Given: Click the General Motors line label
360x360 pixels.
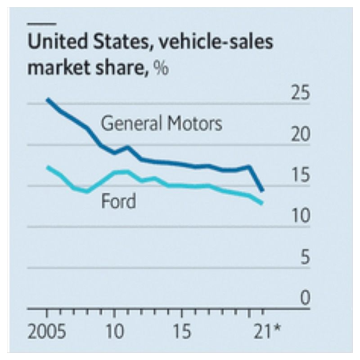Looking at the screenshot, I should point(162,123).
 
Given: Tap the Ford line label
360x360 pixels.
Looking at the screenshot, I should point(118,201).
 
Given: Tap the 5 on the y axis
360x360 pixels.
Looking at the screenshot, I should point(305,257).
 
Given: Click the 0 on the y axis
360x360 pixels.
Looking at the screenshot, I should point(305,298).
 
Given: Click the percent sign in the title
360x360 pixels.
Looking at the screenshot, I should point(161,68).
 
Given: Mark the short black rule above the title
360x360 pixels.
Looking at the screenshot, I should point(42,23).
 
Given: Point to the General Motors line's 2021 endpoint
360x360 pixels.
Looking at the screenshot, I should point(262,190).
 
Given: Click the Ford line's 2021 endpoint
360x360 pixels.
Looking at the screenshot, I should point(262,203).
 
